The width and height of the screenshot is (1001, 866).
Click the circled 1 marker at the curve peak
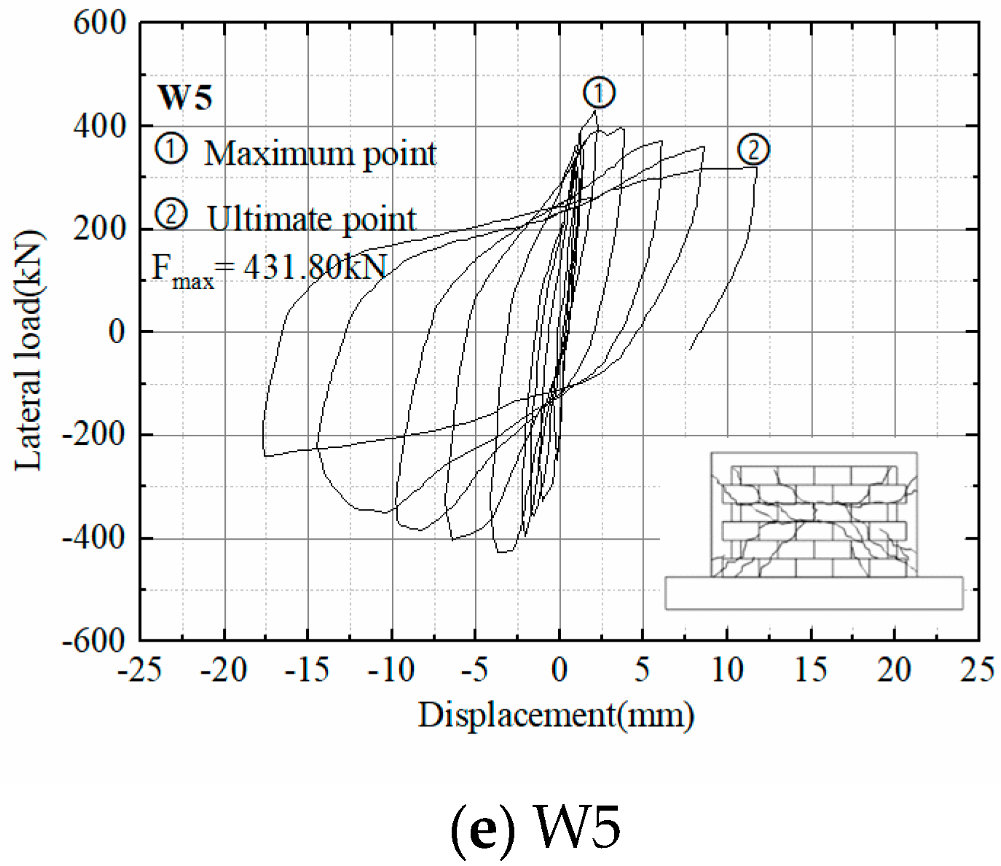599,92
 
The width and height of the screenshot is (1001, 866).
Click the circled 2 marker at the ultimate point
753,150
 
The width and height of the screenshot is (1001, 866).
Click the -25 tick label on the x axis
141,669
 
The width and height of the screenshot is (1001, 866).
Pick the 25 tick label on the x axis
977,669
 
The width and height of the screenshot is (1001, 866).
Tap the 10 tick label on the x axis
726,669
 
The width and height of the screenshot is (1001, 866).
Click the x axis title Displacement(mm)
556,715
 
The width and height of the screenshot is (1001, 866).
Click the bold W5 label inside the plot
185,97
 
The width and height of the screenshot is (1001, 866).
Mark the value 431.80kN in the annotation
313,267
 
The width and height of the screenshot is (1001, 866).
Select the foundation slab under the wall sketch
813,593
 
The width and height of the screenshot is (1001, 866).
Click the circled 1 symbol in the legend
172,149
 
